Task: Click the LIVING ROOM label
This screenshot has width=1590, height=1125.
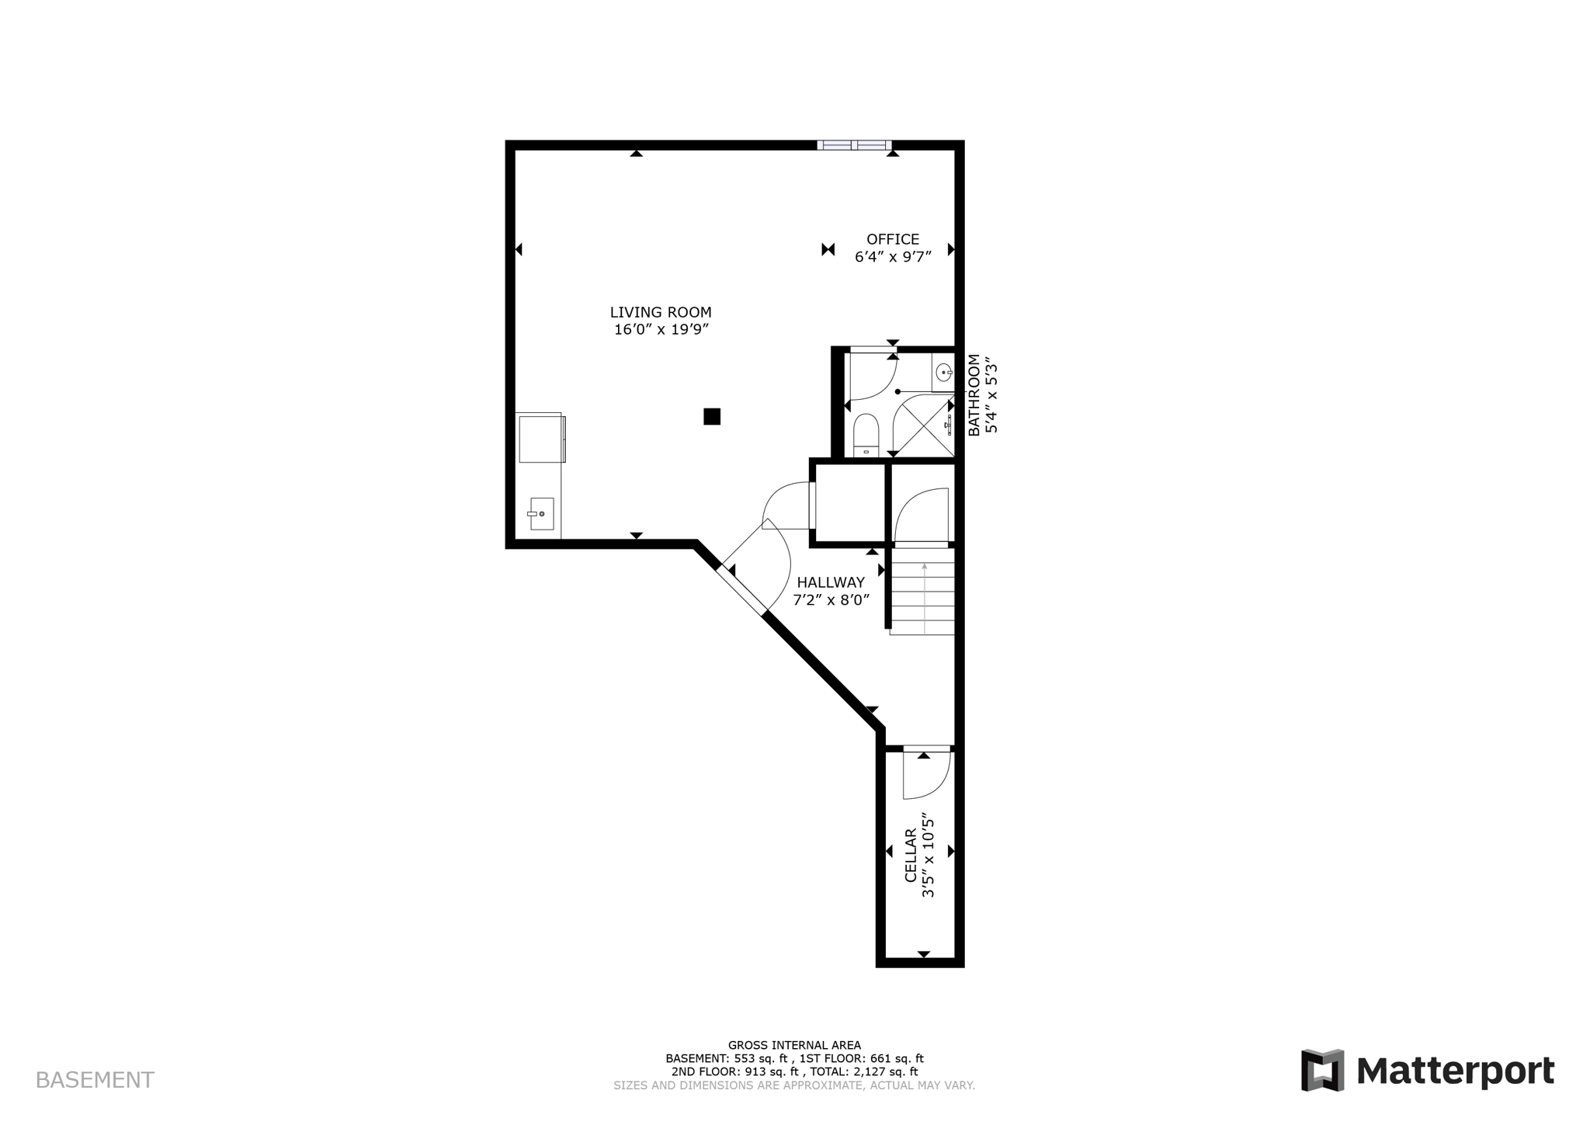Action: [660, 312]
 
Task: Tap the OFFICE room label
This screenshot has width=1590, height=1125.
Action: [893, 239]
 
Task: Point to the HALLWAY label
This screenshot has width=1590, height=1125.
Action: [830, 582]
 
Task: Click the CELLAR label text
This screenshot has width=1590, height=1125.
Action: [911, 855]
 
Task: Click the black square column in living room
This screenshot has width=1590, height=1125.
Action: [712, 417]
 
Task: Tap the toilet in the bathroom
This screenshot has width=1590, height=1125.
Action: [866, 435]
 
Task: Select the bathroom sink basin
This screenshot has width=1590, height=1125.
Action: [944, 373]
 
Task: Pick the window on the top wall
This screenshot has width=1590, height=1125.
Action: [854, 145]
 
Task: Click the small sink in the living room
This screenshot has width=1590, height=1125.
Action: [541, 514]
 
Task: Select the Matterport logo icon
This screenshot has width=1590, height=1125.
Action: [1322, 1071]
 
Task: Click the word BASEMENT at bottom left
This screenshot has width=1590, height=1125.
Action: [95, 1080]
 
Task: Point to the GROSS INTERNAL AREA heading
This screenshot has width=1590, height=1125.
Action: [794, 1045]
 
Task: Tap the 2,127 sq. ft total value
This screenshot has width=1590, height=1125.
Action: [885, 1071]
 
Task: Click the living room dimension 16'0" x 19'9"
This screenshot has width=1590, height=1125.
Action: [661, 329]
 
